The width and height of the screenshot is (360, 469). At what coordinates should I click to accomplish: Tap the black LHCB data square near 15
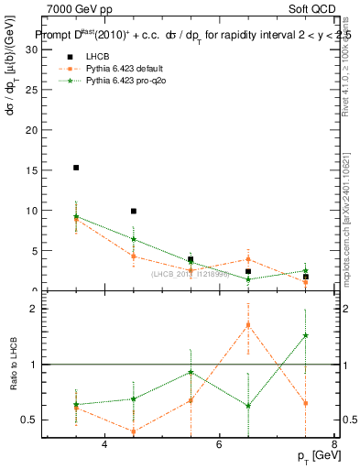[76, 168]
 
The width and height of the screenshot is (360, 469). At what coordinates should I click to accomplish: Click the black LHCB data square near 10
[134, 212]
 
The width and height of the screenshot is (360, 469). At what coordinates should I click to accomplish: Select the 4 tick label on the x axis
[104, 445]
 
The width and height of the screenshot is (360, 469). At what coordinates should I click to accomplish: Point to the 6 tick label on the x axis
[219, 445]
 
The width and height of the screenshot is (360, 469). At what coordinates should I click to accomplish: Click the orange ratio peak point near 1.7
[248, 324]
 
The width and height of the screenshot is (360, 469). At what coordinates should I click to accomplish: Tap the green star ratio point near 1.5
[305, 335]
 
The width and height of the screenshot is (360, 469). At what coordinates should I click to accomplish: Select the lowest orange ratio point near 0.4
[134, 431]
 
